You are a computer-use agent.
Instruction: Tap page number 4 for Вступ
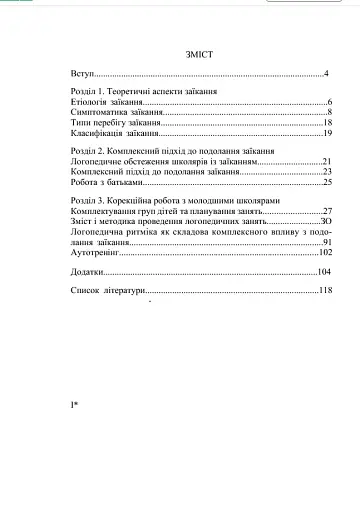coord(327,75)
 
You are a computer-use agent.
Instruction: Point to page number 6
coord(329,103)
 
